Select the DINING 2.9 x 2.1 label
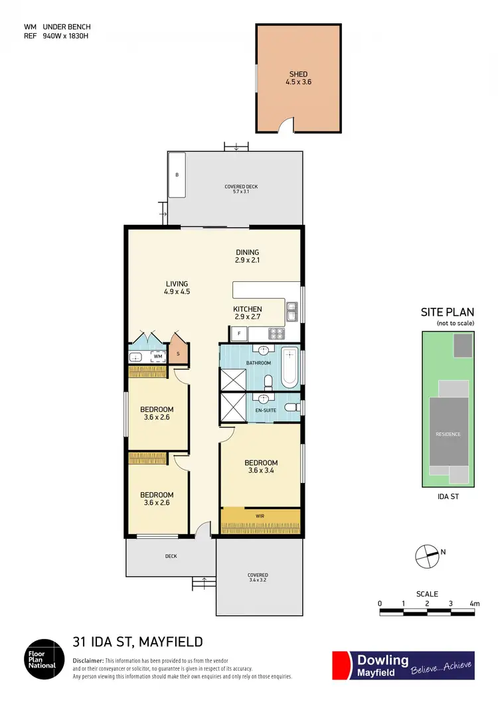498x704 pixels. (247, 256)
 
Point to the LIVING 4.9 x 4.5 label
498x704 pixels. (177, 287)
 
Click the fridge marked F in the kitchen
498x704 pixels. (238, 333)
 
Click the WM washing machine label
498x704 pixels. (158, 356)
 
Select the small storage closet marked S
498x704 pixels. (179, 353)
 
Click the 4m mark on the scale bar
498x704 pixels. (473, 603)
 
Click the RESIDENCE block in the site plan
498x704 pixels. (448, 434)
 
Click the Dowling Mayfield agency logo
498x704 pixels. (403, 665)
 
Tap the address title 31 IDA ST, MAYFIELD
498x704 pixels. (137, 642)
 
